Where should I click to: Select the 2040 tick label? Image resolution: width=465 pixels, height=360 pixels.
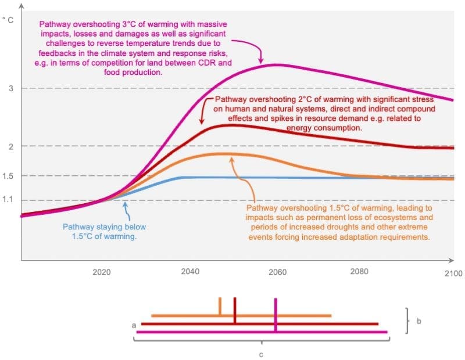click(189, 272)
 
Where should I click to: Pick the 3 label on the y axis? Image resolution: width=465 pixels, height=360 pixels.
click(10, 88)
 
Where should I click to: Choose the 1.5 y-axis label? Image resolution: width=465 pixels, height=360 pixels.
click(8, 176)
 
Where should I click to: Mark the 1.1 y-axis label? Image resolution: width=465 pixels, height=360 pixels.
click(8, 200)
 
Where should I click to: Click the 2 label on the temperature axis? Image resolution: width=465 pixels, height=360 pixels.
click(10, 146)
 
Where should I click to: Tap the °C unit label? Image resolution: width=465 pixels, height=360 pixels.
click(8, 20)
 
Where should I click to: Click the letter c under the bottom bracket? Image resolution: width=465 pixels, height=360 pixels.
click(261, 353)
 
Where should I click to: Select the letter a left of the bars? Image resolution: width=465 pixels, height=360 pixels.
click(134, 326)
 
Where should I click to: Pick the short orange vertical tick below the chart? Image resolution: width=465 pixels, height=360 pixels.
click(220, 307)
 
